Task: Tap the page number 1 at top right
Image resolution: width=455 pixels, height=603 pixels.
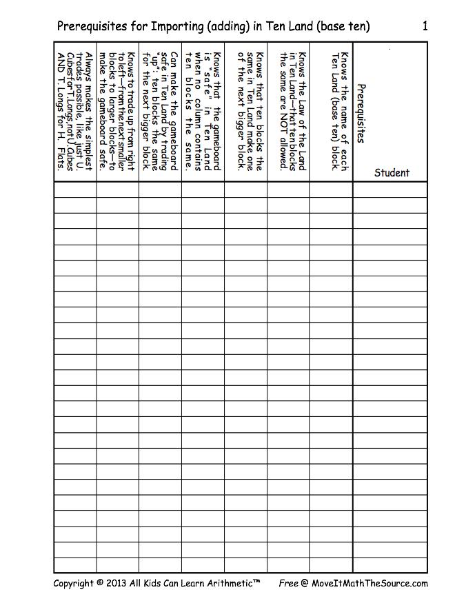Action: [425, 26]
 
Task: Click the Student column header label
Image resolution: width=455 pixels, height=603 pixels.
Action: [392, 173]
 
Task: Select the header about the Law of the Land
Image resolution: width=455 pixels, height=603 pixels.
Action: [292, 110]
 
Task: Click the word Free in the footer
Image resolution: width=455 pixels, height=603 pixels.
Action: [288, 583]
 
